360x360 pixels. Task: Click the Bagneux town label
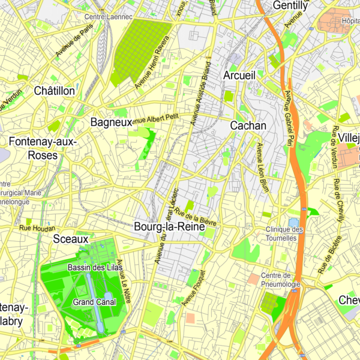pos(111,122)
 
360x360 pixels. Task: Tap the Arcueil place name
pos(239,76)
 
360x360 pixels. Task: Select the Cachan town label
pos(248,126)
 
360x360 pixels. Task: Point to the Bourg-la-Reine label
pos(169,228)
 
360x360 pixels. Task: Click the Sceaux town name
pos(71,239)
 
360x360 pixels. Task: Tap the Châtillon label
pos(55,91)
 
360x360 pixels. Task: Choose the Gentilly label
pos(290,5)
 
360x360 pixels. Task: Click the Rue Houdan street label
pos(37,228)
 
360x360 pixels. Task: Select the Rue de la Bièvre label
pos(194,216)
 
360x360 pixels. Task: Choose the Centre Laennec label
pos(109,17)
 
